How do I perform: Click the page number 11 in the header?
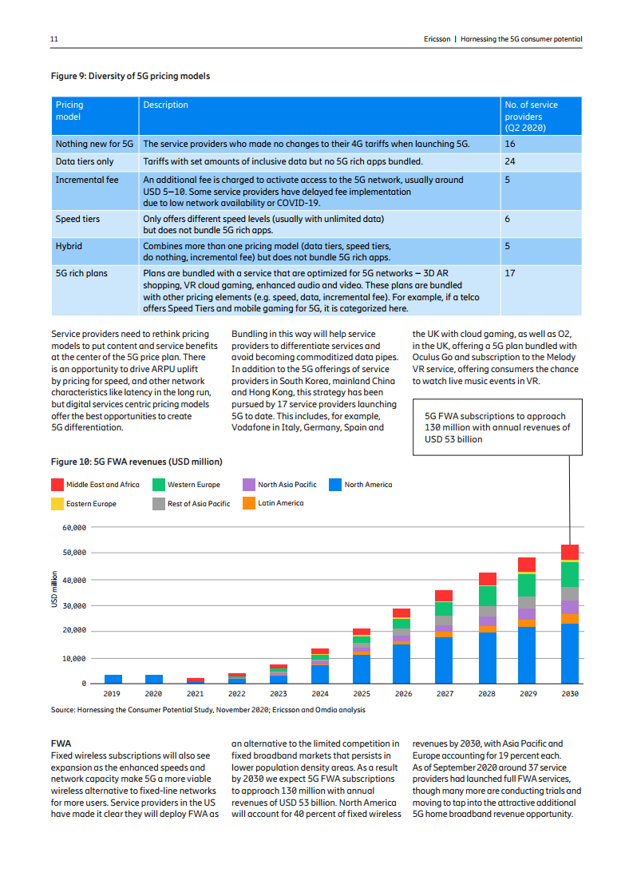[54, 38]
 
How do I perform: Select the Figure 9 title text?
[130, 77]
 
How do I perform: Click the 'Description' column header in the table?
[165, 105]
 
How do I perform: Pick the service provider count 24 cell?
[510, 161]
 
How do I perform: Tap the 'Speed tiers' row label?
[77, 218]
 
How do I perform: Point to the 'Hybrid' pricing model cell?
[69, 247]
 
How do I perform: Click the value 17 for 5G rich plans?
[510, 273]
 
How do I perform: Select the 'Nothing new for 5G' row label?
[94, 145]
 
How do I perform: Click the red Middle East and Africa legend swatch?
[57, 485]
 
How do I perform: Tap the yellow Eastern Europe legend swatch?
[57, 504]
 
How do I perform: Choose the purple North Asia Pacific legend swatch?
[249, 485]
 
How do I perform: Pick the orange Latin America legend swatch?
[249, 503]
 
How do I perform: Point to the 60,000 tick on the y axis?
[73, 528]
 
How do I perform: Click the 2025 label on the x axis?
[362, 694]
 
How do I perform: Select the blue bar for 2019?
[113, 679]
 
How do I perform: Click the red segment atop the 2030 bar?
[570, 552]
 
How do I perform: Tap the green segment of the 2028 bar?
[487, 596]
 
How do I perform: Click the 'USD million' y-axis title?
[54, 589]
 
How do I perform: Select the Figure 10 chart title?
[136, 462]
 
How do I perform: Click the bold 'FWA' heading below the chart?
[61, 743]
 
